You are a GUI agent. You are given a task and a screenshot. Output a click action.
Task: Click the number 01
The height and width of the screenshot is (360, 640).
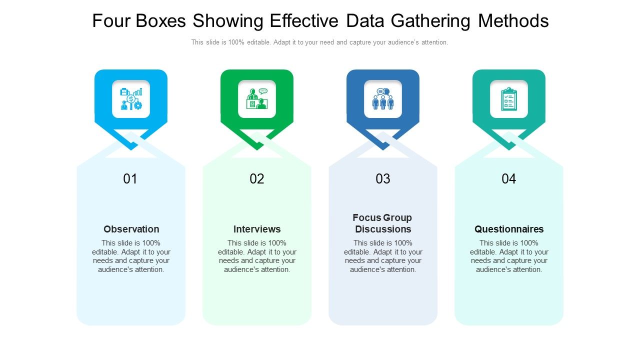[x=130, y=179]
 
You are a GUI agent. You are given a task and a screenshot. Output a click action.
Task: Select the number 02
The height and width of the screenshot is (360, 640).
[x=257, y=179]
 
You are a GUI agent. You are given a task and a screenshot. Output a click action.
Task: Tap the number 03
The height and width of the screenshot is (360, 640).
[x=383, y=179]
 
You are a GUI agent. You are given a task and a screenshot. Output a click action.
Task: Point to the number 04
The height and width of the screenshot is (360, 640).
[x=509, y=179]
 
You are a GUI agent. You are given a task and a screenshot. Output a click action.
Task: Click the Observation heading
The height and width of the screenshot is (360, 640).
[x=131, y=229]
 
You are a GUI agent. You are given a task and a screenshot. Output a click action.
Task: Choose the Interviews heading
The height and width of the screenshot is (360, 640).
[x=257, y=229]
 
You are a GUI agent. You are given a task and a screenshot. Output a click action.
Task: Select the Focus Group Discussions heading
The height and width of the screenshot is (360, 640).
[x=383, y=223]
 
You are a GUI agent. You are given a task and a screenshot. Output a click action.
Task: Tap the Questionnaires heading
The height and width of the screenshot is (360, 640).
[x=509, y=229]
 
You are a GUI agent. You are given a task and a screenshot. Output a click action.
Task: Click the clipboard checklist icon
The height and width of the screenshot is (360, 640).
[x=509, y=99]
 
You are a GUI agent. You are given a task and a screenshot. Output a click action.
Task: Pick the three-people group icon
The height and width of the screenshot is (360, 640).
[x=383, y=99]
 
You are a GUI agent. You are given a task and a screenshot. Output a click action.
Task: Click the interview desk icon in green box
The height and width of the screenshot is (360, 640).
[x=257, y=99]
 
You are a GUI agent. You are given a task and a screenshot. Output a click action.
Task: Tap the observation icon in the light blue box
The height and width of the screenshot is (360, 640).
[x=131, y=99]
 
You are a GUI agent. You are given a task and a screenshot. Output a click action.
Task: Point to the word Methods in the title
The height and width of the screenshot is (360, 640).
[x=513, y=21]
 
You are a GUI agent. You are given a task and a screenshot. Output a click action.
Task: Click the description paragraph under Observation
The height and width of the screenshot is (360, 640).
[x=131, y=256]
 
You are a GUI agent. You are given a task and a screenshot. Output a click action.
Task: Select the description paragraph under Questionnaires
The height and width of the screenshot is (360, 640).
[x=509, y=256]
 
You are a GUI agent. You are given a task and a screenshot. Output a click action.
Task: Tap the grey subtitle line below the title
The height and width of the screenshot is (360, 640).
[x=320, y=42]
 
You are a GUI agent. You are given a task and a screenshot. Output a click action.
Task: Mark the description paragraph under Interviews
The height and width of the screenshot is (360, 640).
[x=257, y=256]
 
